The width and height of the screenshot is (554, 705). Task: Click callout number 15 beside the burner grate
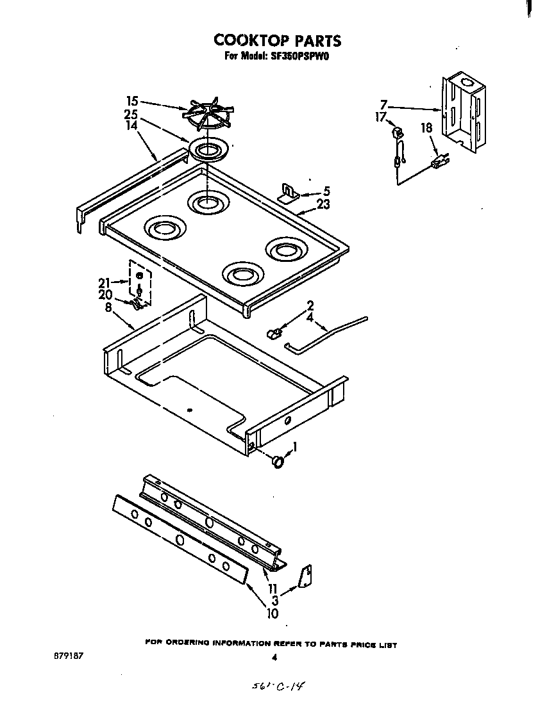point(132,101)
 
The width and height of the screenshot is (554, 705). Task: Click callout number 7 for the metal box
point(383,104)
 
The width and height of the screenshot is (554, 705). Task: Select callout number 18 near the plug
point(426,128)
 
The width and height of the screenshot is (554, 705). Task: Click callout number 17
point(380,117)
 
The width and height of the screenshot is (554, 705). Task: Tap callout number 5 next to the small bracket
point(326,191)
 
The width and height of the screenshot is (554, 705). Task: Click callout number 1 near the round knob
point(295,446)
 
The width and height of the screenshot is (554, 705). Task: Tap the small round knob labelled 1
point(278,461)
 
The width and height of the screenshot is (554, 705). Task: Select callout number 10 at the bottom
point(272,613)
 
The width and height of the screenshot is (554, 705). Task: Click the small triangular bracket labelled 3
point(306,576)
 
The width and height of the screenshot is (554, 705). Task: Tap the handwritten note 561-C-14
point(278,686)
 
